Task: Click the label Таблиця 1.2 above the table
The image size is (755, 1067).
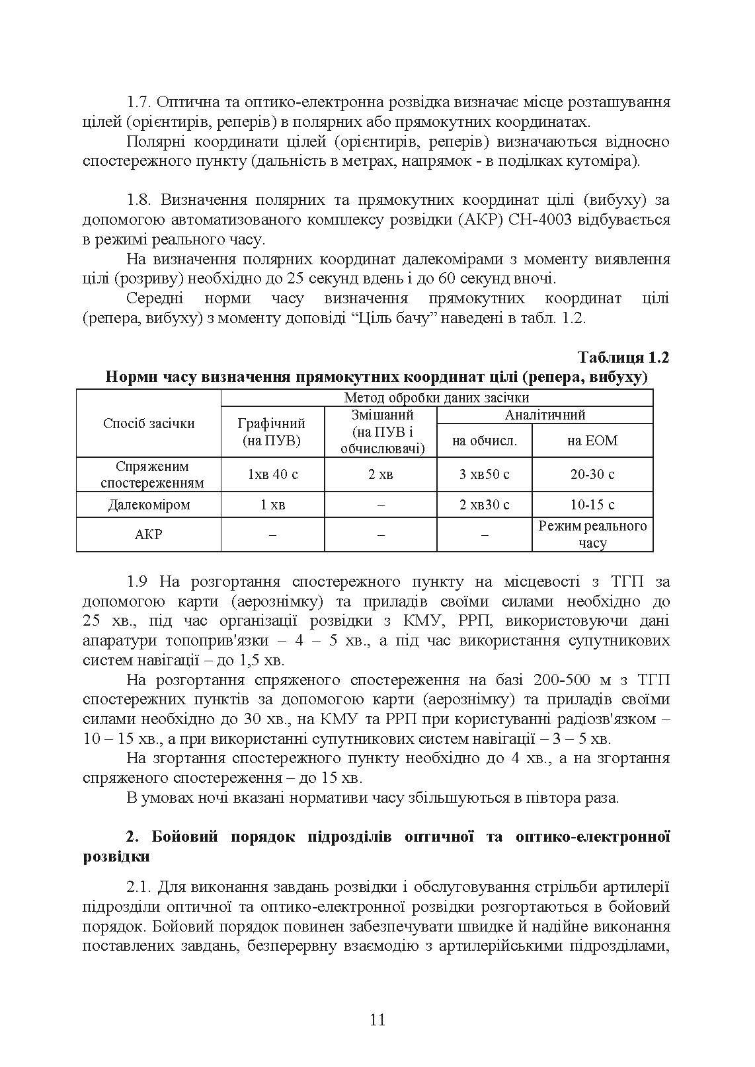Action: (623, 357)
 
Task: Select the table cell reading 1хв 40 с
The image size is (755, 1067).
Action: (272, 474)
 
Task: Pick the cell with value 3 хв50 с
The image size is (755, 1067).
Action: (484, 474)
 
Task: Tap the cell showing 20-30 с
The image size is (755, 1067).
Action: (592, 474)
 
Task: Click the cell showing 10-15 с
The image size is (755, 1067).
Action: (592, 505)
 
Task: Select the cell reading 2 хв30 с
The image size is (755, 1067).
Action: (484, 505)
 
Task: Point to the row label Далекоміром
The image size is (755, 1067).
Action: (149, 505)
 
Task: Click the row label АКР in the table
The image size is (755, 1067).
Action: (149, 534)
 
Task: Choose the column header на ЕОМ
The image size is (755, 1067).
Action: (592, 441)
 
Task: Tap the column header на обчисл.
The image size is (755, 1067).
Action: (484, 441)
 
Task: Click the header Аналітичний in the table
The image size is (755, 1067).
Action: (545, 416)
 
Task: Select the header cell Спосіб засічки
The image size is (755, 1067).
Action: (149, 423)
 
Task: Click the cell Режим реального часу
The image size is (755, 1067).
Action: (592, 534)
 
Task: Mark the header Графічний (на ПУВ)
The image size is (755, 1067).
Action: (272, 432)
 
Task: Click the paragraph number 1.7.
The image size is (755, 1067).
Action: (139, 102)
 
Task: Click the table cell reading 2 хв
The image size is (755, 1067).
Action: (381, 474)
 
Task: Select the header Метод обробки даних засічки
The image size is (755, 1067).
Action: (436, 398)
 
